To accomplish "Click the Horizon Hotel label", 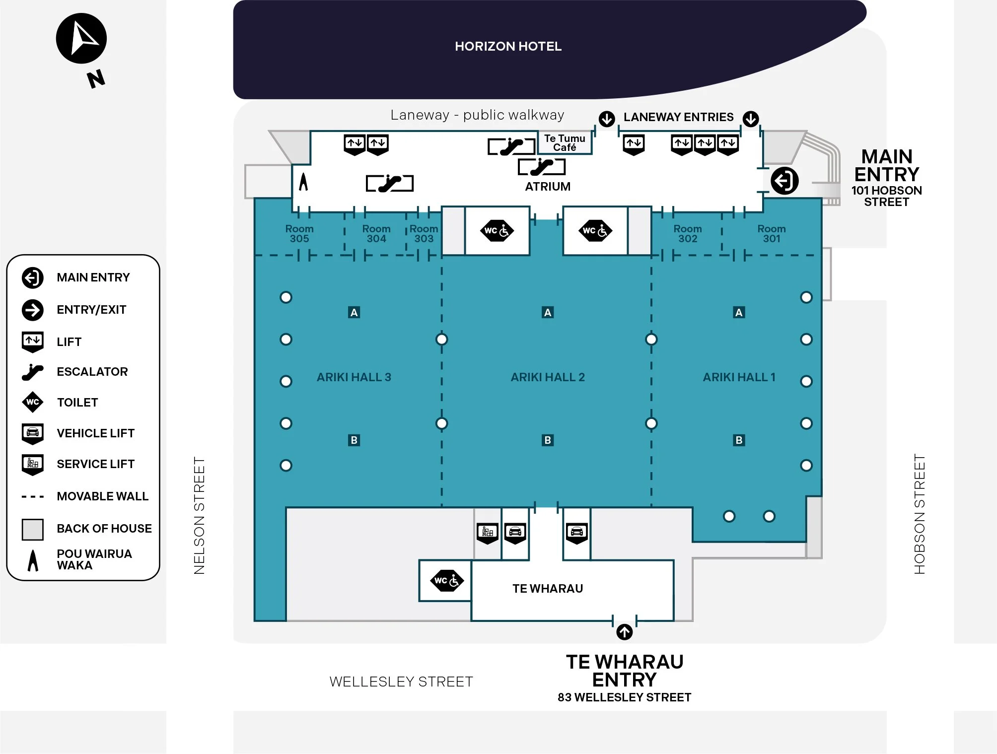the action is click(x=508, y=46).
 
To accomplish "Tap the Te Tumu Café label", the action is click(x=565, y=143).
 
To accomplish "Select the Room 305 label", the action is click(x=299, y=234).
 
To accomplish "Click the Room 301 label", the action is click(x=772, y=234).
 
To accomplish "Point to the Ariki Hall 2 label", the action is click(x=548, y=377).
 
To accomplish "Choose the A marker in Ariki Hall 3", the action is click(x=354, y=312).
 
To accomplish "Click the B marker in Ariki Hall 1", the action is click(x=739, y=440).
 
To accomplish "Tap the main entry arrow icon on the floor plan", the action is click(x=784, y=181).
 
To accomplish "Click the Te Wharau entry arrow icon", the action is click(x=624, y=632).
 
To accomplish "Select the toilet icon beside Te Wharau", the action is click(x=446, y=581).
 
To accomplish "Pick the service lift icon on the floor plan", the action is click(x=488, y=533).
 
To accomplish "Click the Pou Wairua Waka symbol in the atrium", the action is click(x=303, y=182).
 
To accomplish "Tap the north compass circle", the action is click(x=81, y=39).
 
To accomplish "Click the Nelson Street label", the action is click(x=199, y=516).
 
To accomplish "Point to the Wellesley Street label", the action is click(x=401, y=682).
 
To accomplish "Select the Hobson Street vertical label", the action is click(x=920, y=514).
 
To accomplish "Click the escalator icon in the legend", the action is click(x=33, y=372).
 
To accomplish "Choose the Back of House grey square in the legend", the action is click(x=33, y=529).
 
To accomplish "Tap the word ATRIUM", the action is click(x=548, y=187).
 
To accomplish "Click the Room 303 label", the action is click(x=424, y=234).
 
